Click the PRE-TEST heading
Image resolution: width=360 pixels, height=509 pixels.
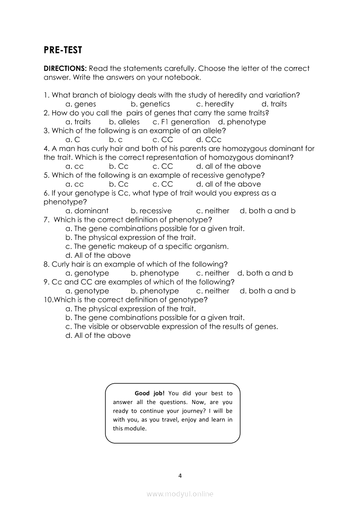63,50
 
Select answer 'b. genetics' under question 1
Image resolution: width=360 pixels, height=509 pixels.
150,104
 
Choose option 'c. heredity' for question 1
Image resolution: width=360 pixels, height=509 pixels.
215,104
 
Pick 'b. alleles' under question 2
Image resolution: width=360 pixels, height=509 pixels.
124,122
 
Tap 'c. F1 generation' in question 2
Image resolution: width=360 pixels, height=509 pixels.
181,122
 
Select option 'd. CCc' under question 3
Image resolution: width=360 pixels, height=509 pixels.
209,140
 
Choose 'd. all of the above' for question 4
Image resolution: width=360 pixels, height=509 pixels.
228,166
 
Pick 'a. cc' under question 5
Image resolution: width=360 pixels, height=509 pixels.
75,184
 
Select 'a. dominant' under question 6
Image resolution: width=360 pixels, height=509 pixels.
87,211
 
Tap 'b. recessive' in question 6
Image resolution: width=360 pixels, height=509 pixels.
151,211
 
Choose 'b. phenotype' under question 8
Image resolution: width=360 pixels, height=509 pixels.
155,273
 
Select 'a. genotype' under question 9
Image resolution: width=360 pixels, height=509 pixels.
87,291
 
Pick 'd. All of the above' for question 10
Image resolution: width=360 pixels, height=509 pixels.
98,335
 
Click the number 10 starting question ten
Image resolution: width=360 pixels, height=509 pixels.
48,300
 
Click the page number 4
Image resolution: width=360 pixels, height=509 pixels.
180,475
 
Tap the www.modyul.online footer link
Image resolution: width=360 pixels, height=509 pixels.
180,494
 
